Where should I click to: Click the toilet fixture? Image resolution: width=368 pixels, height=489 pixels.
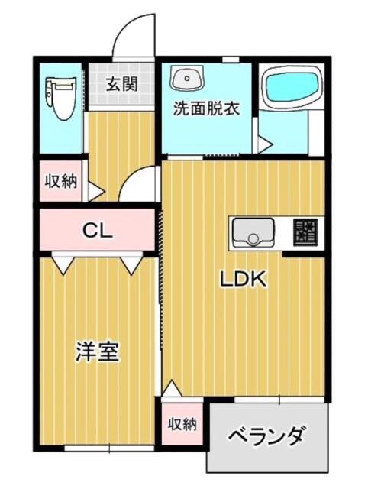pyautogui.click(x=61, y=99)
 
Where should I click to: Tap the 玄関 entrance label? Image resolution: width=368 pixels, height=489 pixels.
pyautogui.click(x=121, y=83)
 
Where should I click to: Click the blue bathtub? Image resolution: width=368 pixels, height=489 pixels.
pyautogui.click(x=291, y=87)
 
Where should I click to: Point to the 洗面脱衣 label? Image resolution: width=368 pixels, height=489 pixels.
pyautogui.click(x=206, y=108)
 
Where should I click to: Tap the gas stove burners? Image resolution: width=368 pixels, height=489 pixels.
pyautogui.click(x=305, y=231)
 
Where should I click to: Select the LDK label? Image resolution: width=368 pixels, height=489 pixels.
pyautogui.click(x=243, y=279)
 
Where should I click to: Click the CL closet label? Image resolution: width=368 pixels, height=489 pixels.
pyautogui.click(x=97, y=231)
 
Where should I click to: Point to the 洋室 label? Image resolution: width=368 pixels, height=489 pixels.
pyautogui.click(x=98, y=351)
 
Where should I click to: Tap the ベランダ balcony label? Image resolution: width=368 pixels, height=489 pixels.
pyautogui.click(x=266, y=436)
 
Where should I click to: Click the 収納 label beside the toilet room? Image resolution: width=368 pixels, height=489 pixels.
pyautogui.click(x=61, y=182)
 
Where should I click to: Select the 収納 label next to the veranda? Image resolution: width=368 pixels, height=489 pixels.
pyautogui.click(x=182, y=425)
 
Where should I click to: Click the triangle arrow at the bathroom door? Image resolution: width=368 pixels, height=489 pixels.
pyautogui.click(x=266, y=144)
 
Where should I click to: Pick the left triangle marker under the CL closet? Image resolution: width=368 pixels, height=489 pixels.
pyautogui.click(x=63, y=265)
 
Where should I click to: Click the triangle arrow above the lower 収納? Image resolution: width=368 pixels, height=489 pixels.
pyautogui.click(x=171, y=387)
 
